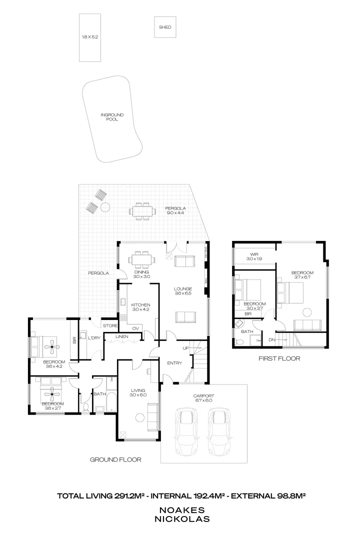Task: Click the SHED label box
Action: (x=165, y=27)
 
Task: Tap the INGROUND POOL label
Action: (x=112, y=117)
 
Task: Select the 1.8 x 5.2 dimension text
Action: (x=90, y=37)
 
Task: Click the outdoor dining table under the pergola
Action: (x=142, y=210)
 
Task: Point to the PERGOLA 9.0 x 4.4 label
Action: (x=175, y=210)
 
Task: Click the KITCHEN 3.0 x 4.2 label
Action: (x=140, y=307)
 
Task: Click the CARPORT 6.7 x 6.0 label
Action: (x=203, y=397)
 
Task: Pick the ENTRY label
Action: (x=174, y=363)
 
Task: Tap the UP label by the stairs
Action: (x=186, y=347)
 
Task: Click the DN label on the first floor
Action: (x=271, y=339)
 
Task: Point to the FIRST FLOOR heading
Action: (x=279, y=358)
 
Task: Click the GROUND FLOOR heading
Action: (x=115, y=459)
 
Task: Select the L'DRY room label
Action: (x=94, y=338)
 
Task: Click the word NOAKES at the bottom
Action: (x=181, y=510)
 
